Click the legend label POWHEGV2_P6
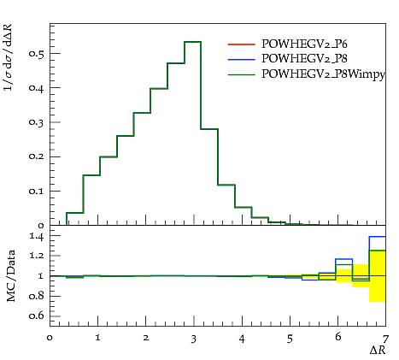[304, 44]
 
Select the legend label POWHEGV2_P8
[304, 59]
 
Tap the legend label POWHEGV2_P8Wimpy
[323, 74]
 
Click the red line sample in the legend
[241, 44]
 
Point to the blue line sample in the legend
[241, 59]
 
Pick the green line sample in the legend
[241, 75]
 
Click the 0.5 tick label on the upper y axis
[37, 54]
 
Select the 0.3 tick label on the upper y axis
[37, 122]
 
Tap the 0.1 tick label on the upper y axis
[37, 192]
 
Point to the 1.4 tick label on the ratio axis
[37, 236]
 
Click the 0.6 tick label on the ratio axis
[37, 316]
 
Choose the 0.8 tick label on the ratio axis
[37, 297]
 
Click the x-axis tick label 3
[194, 339]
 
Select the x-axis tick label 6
[337, 337]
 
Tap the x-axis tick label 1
[97, 338]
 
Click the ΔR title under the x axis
[378, 350]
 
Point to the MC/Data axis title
[11, 276]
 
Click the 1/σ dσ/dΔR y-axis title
[9, 57]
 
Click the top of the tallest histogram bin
[193, 42]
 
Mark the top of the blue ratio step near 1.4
[378, 237]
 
